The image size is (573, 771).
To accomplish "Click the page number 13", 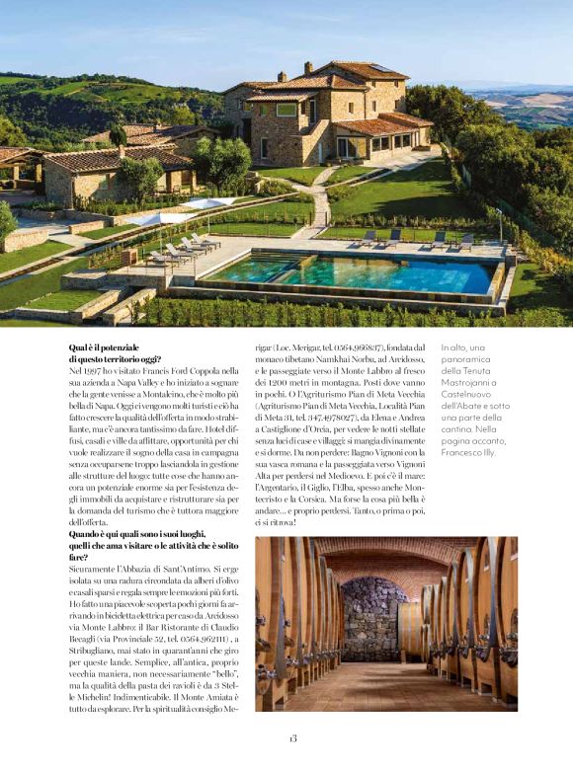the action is pos(293,738).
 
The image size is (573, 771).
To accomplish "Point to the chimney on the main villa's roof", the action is pos(308,67).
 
